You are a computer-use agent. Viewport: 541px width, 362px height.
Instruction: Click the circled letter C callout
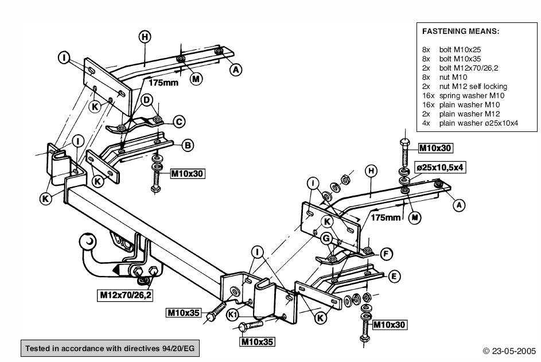click(x=178, y=121)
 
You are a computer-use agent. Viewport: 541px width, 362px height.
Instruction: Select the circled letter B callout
click(x=187, y=145)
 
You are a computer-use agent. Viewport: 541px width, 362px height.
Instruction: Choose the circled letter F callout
click(x=387, y=253)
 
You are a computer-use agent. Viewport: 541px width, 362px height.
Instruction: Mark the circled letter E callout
click(x=394, y=277)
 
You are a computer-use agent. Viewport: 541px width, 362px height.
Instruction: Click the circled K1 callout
click(x=232, y=315)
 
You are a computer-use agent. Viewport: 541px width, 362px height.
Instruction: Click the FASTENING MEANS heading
click(x=461, y=32)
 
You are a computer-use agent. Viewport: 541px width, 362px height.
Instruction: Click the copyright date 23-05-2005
click(x=509, y=350)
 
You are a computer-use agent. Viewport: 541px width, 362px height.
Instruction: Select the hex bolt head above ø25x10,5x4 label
click(x=403, y=142)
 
